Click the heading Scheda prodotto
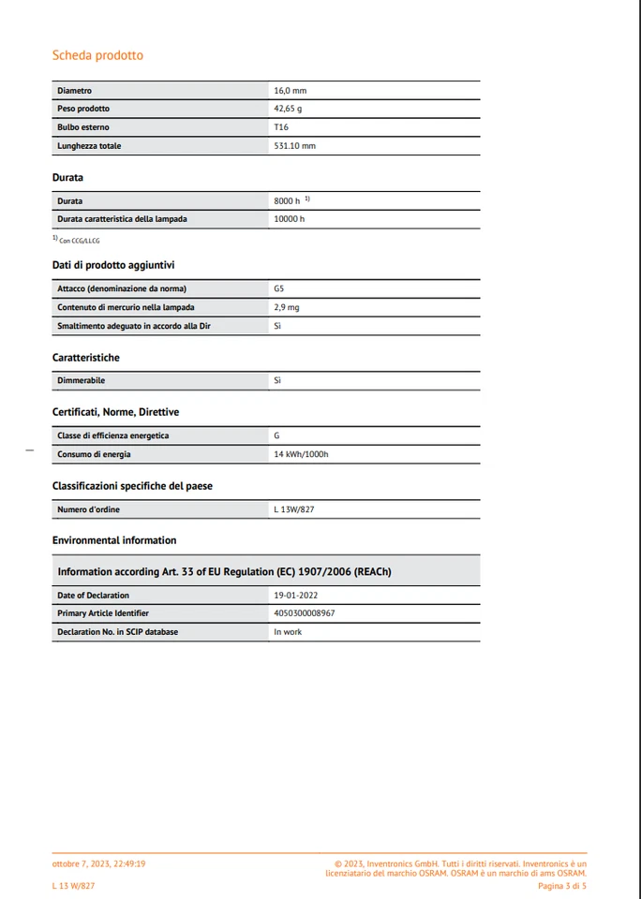pos(97,55)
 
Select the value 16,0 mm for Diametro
pos(290,91)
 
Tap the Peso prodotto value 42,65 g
pos(288,109)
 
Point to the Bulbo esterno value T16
pos(281,127)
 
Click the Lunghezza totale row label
pos(89,146)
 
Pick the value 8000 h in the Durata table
pos(287,200)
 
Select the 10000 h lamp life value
pos(290,219)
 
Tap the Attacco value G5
pos(279,288)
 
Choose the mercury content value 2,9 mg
pos(287,307)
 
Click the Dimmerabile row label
pos(81,381)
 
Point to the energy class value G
pos(276,435)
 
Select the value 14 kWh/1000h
pos(301,454)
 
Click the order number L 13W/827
pos(294,509)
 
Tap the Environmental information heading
pos(114,540)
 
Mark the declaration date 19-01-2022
pos(297,595)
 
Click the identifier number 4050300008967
pos(305,613)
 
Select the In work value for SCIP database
pos(288,632)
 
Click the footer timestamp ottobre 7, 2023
pos(98,864)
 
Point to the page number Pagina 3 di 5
pos(562,885)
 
